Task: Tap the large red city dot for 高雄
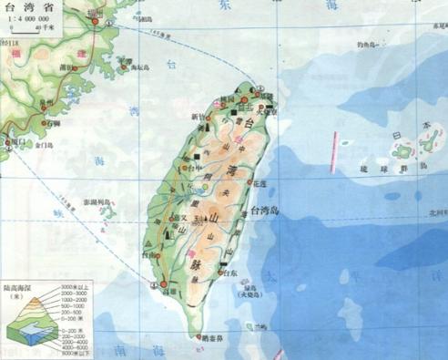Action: point(164,285)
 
